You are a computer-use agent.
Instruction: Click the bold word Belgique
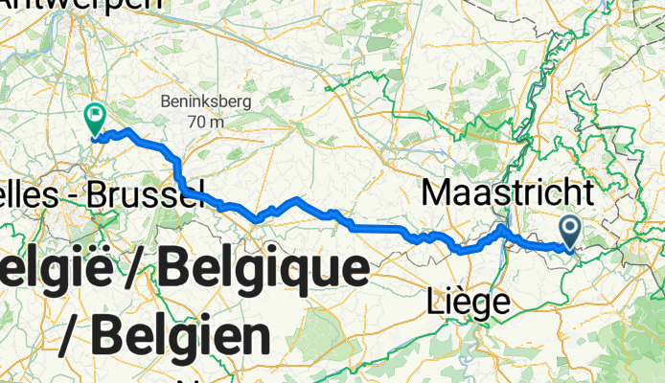263,273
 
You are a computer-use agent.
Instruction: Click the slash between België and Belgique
139,273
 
